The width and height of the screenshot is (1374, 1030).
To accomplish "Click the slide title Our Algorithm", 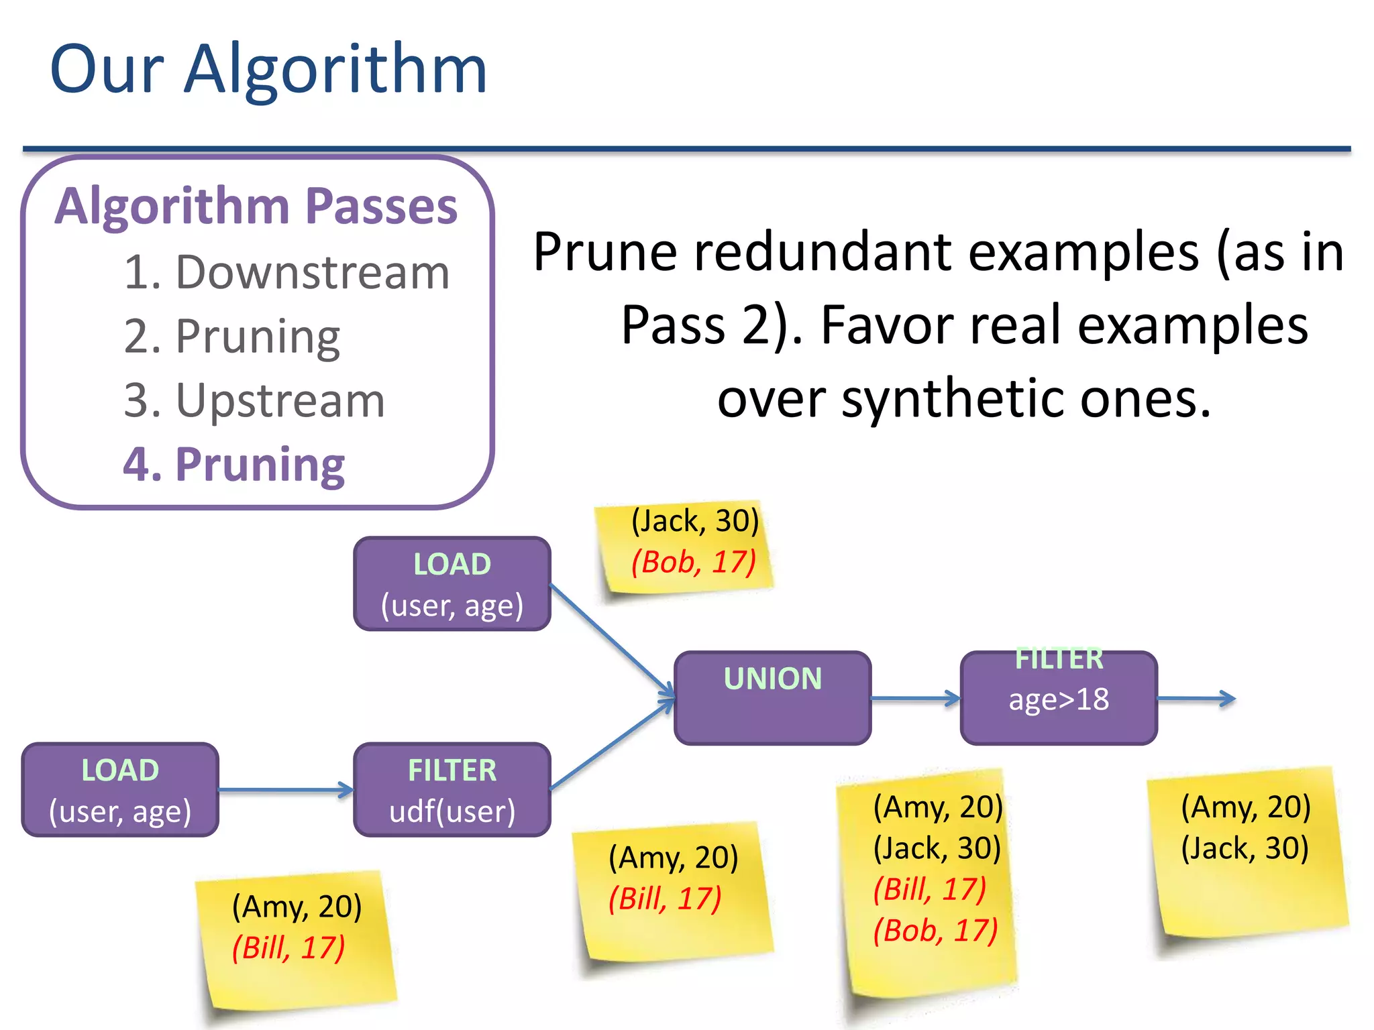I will pyautogui.click(x=268, y=69).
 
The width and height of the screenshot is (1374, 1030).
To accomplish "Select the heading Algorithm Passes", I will pyautogui.click(x=256, y=206).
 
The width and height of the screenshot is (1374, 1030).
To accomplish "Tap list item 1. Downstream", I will pyautogui.click(x=286, y=273).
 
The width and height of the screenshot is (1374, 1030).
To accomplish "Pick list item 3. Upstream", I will pyautogui.click(x=254, y=401).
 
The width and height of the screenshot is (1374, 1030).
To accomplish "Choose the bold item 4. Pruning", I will pyautogui.click(x=233, y=464).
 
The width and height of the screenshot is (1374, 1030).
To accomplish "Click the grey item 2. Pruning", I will pyautogui.click(x=232, y=337).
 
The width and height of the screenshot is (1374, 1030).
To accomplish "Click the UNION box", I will pyautogui.click(x=772, y=698).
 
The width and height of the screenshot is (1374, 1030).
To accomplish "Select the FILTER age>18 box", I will pyautogui.click(x=1059, y=698).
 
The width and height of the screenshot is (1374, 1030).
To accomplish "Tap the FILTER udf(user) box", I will pyautogui.click(x=452, y=790).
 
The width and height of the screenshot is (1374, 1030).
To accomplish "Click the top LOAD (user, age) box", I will pyautogui.click(x=452, y=584).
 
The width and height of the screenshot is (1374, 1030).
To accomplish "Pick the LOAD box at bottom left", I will pyautogui.click(x=120, y=790).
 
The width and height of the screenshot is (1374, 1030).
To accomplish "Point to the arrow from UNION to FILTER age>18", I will pyautogui.click(x=915, y=698).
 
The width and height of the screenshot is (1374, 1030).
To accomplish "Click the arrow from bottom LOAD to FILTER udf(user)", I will pyautogui.click(x=285, y=790).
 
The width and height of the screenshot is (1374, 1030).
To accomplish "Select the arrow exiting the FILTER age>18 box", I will pyautogui.click(x=1196, y=698).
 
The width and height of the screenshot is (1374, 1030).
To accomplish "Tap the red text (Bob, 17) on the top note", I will pyautogui.click(x=694, y=562).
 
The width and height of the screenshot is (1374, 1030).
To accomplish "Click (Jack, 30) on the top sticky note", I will pyautogui.click(x=695, y=521).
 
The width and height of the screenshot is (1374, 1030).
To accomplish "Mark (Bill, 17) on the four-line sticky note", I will pyautogui.click(x=929, y=889).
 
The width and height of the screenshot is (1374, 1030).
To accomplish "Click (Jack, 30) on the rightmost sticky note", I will pyautogui.click(x=1245, y=848).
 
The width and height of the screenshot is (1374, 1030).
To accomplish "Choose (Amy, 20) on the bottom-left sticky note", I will pyautogui.click(x=297, y=907).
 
